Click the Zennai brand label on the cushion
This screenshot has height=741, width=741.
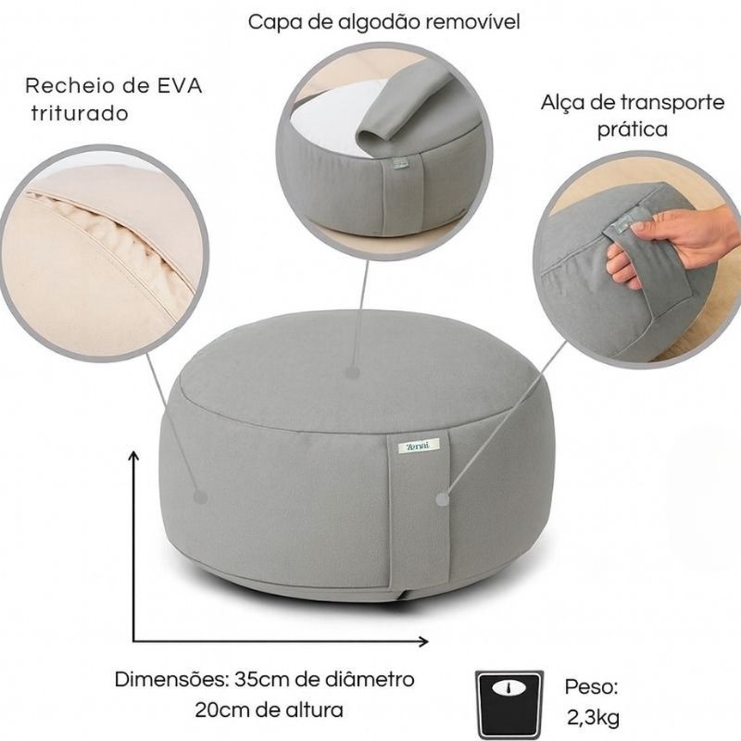click(419, 446)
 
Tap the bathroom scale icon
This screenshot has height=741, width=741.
click(509, 703)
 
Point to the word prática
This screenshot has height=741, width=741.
click(633, 129)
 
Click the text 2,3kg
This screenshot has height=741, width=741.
click(593, 718)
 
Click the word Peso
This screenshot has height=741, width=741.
click(592, 686)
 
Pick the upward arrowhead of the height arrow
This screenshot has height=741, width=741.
click(134, 456)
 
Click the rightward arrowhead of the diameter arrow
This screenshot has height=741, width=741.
click(423, 641)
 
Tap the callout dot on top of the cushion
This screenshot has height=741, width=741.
click(352, 372)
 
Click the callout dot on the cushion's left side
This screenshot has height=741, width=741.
click(201, 497)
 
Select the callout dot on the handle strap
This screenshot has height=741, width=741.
click(443, 499)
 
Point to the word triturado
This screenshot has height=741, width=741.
click(80, 114)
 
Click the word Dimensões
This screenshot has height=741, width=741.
click(172, 680)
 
